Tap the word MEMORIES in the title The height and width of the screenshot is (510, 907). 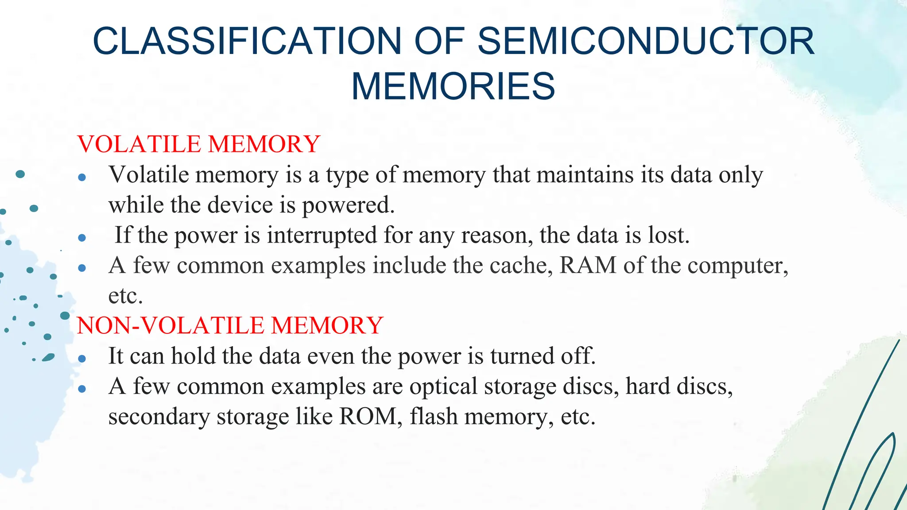click(453, 86)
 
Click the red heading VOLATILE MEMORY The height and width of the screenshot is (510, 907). click(198, 144)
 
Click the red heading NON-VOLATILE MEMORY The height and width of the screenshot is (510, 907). click(230, 325)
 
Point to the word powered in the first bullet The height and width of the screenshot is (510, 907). click(348, 205)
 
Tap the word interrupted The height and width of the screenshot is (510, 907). click(322, 235)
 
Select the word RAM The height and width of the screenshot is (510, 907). click(588, 265)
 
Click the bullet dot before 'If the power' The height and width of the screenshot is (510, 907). click(82, 238)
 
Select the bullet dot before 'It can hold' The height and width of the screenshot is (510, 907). click(82, 359)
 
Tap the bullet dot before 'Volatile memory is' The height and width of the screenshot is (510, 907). click(82, 178)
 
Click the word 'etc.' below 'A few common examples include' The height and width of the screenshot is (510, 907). click(125, 296)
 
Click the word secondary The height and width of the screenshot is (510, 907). click(159, 417)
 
